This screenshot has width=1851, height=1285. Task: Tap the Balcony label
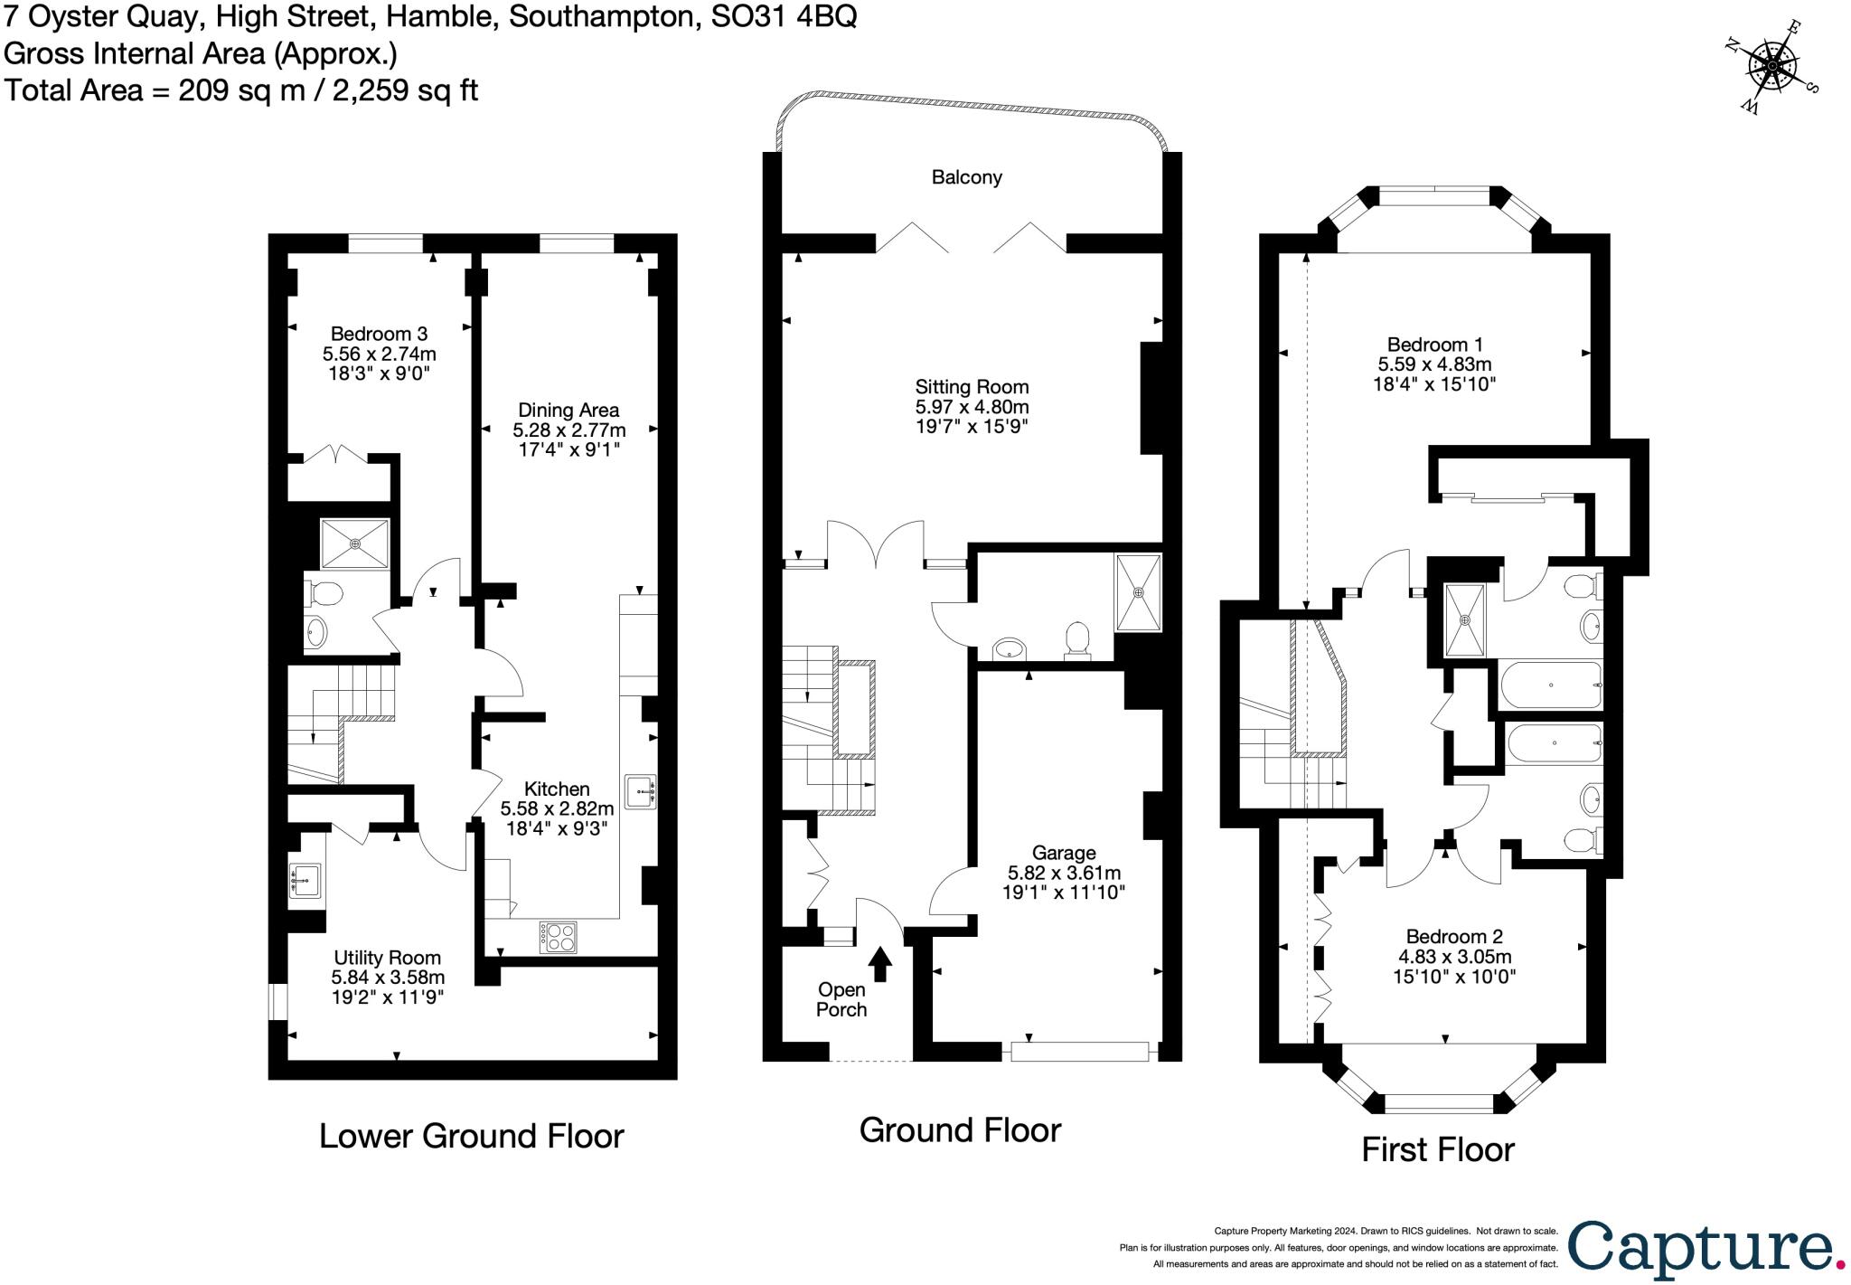click(x=966, y=177)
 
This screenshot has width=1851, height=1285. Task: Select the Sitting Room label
click(x=972, y=388)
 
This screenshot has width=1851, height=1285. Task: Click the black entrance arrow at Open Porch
click(x=880, y=964)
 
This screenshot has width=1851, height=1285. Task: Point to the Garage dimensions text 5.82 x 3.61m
click(x=1064, y=873)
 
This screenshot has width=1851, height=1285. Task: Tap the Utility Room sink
click(x=305, y=878)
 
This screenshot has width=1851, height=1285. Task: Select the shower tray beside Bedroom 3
click(x=354, y=543)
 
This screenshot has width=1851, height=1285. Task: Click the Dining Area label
click(x=568, y=410)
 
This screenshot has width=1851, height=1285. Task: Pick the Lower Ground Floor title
click(x=471, y=1136)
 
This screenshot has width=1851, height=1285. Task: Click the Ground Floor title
click(x=960, y=1129)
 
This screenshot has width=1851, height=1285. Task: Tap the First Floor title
click(x=1437, y=1149)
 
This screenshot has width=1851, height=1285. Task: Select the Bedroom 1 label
click(x=1434, y=345)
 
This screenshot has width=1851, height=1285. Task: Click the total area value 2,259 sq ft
click(x=405, y=90)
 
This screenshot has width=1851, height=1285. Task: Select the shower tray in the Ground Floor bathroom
click(x=1139, y=592)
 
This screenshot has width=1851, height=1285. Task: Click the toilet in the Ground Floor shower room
click(x=1077, y=639)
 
